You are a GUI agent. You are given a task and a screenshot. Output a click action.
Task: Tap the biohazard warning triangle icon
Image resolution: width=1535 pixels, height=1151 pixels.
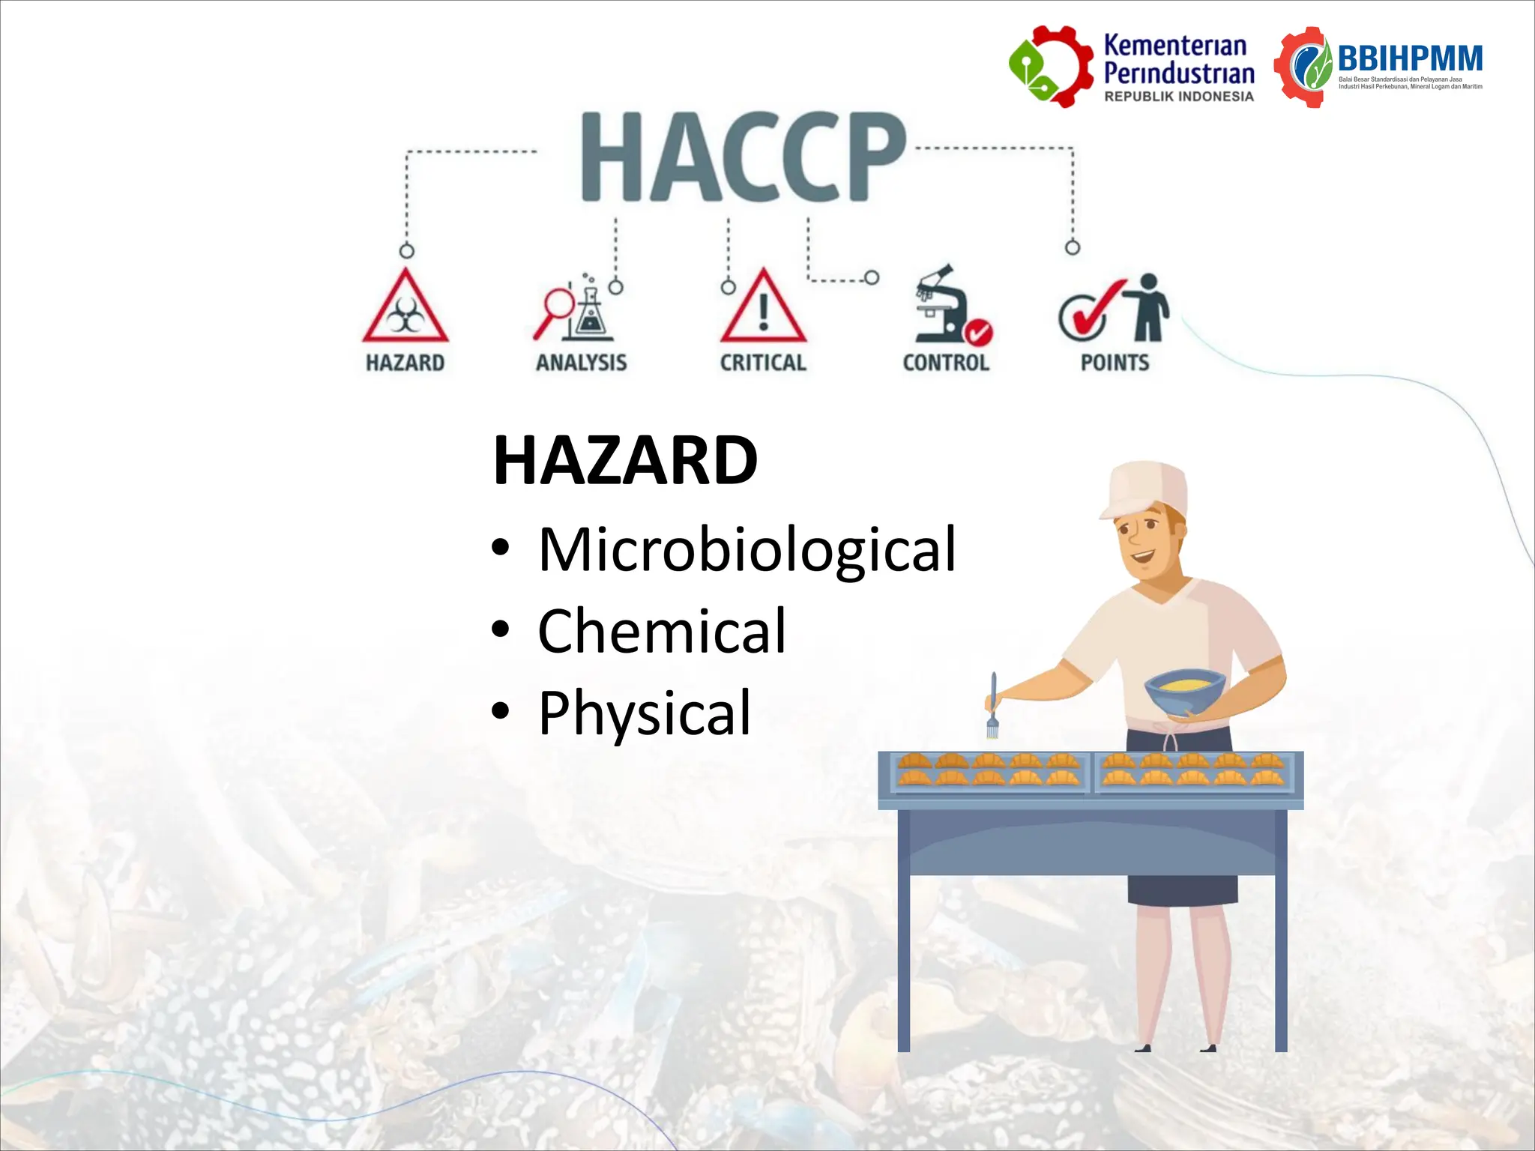pyautogui.click(x=405, y=308)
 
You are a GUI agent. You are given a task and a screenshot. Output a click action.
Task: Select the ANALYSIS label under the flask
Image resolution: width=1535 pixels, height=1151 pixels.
pyautogui.click(x=581, y=363)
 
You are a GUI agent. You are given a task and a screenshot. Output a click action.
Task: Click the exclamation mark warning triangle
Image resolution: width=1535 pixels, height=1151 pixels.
pyautogui.click(x=763, y=309)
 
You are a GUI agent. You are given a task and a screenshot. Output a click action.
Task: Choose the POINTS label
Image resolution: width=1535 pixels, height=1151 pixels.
pyautogui.click(x=1115, y=363)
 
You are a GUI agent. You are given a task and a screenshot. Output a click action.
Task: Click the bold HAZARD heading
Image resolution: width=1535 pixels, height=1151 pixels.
pyautogui.click(x=625, y=460)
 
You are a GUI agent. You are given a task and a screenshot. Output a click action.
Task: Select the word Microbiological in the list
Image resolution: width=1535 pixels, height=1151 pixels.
pyautogui.click(x=747, y=549)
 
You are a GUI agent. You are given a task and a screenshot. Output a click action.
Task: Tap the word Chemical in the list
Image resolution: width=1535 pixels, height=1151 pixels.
pyautogui.click(x=662, y=631)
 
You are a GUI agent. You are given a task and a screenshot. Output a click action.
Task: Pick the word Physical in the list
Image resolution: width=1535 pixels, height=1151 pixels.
pyautogui.click(x=645, y=713)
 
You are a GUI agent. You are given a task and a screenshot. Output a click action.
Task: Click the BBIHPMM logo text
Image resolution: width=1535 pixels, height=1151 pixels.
pyautogui.click(x=1410, y=58)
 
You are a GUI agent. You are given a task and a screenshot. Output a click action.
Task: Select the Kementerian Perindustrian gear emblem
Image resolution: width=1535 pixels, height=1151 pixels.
pyautogui.click(x=1050, y=66)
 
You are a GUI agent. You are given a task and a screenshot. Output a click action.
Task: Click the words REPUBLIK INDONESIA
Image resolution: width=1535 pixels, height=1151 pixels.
pyautogui.click(x=1178, y=97)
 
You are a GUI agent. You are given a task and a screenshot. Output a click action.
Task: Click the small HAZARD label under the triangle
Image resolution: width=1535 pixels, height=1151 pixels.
pyautogui.click(x=405, y=363)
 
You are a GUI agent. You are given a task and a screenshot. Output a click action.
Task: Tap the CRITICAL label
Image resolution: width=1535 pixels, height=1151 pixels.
pyautogui.click(x=763, y=363)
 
